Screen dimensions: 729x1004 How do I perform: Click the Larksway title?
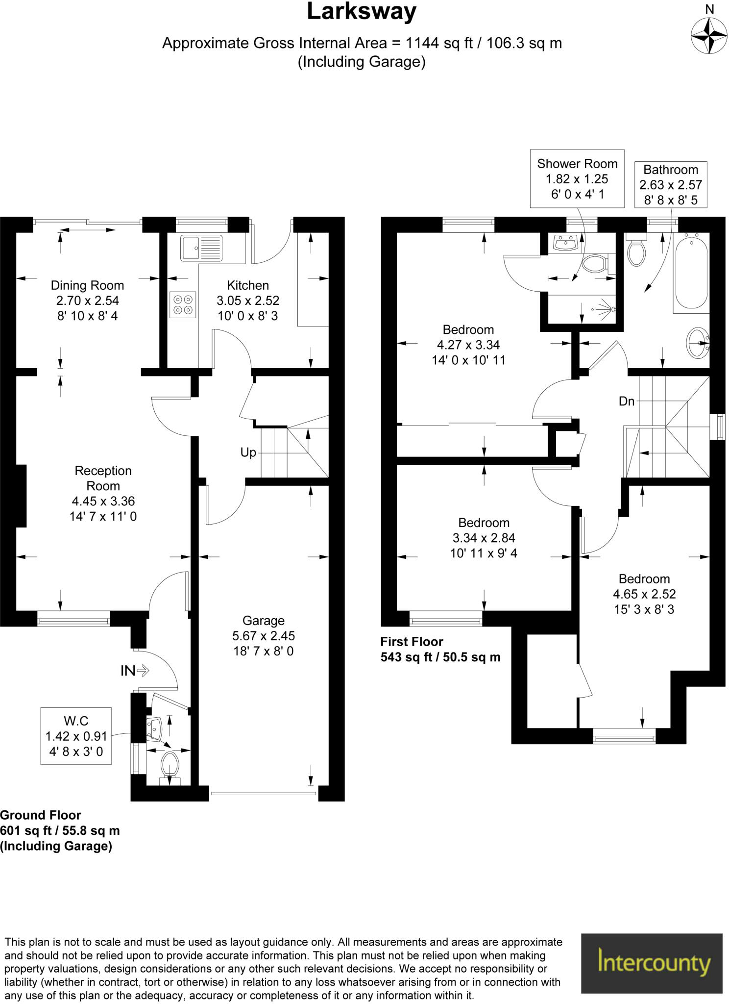[362, 12]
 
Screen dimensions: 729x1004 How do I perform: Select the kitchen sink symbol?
[201, 248]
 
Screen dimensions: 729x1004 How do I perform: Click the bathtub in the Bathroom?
[691, 273]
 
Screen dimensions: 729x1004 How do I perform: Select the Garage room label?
[263, 621]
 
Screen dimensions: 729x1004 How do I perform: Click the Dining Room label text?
[87, 285]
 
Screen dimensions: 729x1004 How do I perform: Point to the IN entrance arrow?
[135, 670]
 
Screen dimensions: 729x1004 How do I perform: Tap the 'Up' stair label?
[248, 452]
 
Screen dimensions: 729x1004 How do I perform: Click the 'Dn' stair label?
[627, 402]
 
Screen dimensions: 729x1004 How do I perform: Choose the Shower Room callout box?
[577, 178]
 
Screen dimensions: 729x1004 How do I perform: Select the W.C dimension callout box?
[76, 736]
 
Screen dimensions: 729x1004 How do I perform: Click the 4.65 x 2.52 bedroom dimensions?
[644, 594]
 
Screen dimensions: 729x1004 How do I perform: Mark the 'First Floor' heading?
[412, 642]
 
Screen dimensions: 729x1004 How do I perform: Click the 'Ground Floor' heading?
[41, 815]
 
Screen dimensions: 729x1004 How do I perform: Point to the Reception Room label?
[103, 478]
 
